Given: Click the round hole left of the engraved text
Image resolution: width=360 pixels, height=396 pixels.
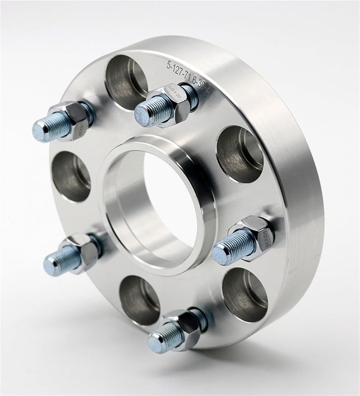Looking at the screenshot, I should click(x=126, y=81).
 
